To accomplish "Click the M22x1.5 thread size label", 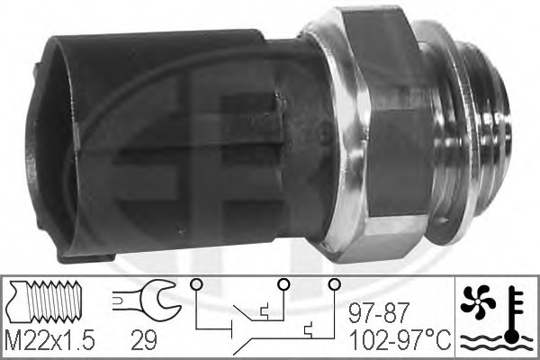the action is tap(50, 339).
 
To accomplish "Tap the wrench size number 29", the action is tap(144, 339).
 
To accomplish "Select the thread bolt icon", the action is tap(46, 301).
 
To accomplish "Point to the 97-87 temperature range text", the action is tap(379, 312).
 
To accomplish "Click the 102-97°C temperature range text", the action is tap(400, 339).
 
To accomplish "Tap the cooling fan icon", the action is tap(478, 301).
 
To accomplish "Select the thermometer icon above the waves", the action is tap(514, 314).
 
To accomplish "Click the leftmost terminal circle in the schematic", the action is tap(196, 284).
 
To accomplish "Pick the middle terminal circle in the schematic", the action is tap(283, 284).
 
